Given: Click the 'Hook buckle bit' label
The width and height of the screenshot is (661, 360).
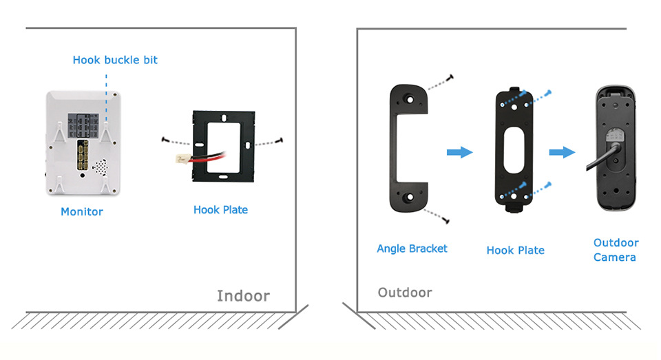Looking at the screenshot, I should coord(115,60).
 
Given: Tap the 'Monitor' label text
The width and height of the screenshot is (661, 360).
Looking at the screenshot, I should coord(82,211).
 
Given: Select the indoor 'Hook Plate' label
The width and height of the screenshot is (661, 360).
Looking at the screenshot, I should coord(220,209).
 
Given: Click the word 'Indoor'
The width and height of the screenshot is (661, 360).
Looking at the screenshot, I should coord(243,296).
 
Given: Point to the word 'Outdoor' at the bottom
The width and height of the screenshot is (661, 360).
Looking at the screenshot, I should coord(405,293).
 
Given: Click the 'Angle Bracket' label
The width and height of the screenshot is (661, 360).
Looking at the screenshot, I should coord(412,248).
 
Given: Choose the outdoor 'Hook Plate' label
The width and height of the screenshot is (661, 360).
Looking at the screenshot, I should coord(515,251).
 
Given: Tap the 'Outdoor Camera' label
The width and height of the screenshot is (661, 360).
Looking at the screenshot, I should coord(616,250).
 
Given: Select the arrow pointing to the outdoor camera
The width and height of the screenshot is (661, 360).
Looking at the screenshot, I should coord(562,151).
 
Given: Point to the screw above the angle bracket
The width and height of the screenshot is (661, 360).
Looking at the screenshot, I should coord(450,78).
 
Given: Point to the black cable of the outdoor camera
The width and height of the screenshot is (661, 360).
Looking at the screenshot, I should coord(592,165).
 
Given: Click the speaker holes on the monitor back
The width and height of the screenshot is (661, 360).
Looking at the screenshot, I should coord(100,167).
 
